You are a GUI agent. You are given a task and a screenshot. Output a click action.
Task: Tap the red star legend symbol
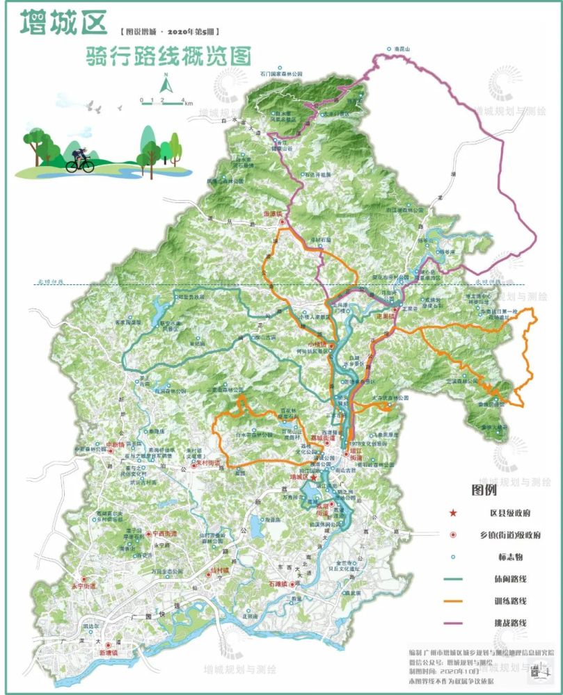point(453,513)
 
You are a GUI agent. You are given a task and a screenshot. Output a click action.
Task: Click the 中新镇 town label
point(113,444)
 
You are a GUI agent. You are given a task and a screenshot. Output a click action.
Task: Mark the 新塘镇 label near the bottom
point(109,653)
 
